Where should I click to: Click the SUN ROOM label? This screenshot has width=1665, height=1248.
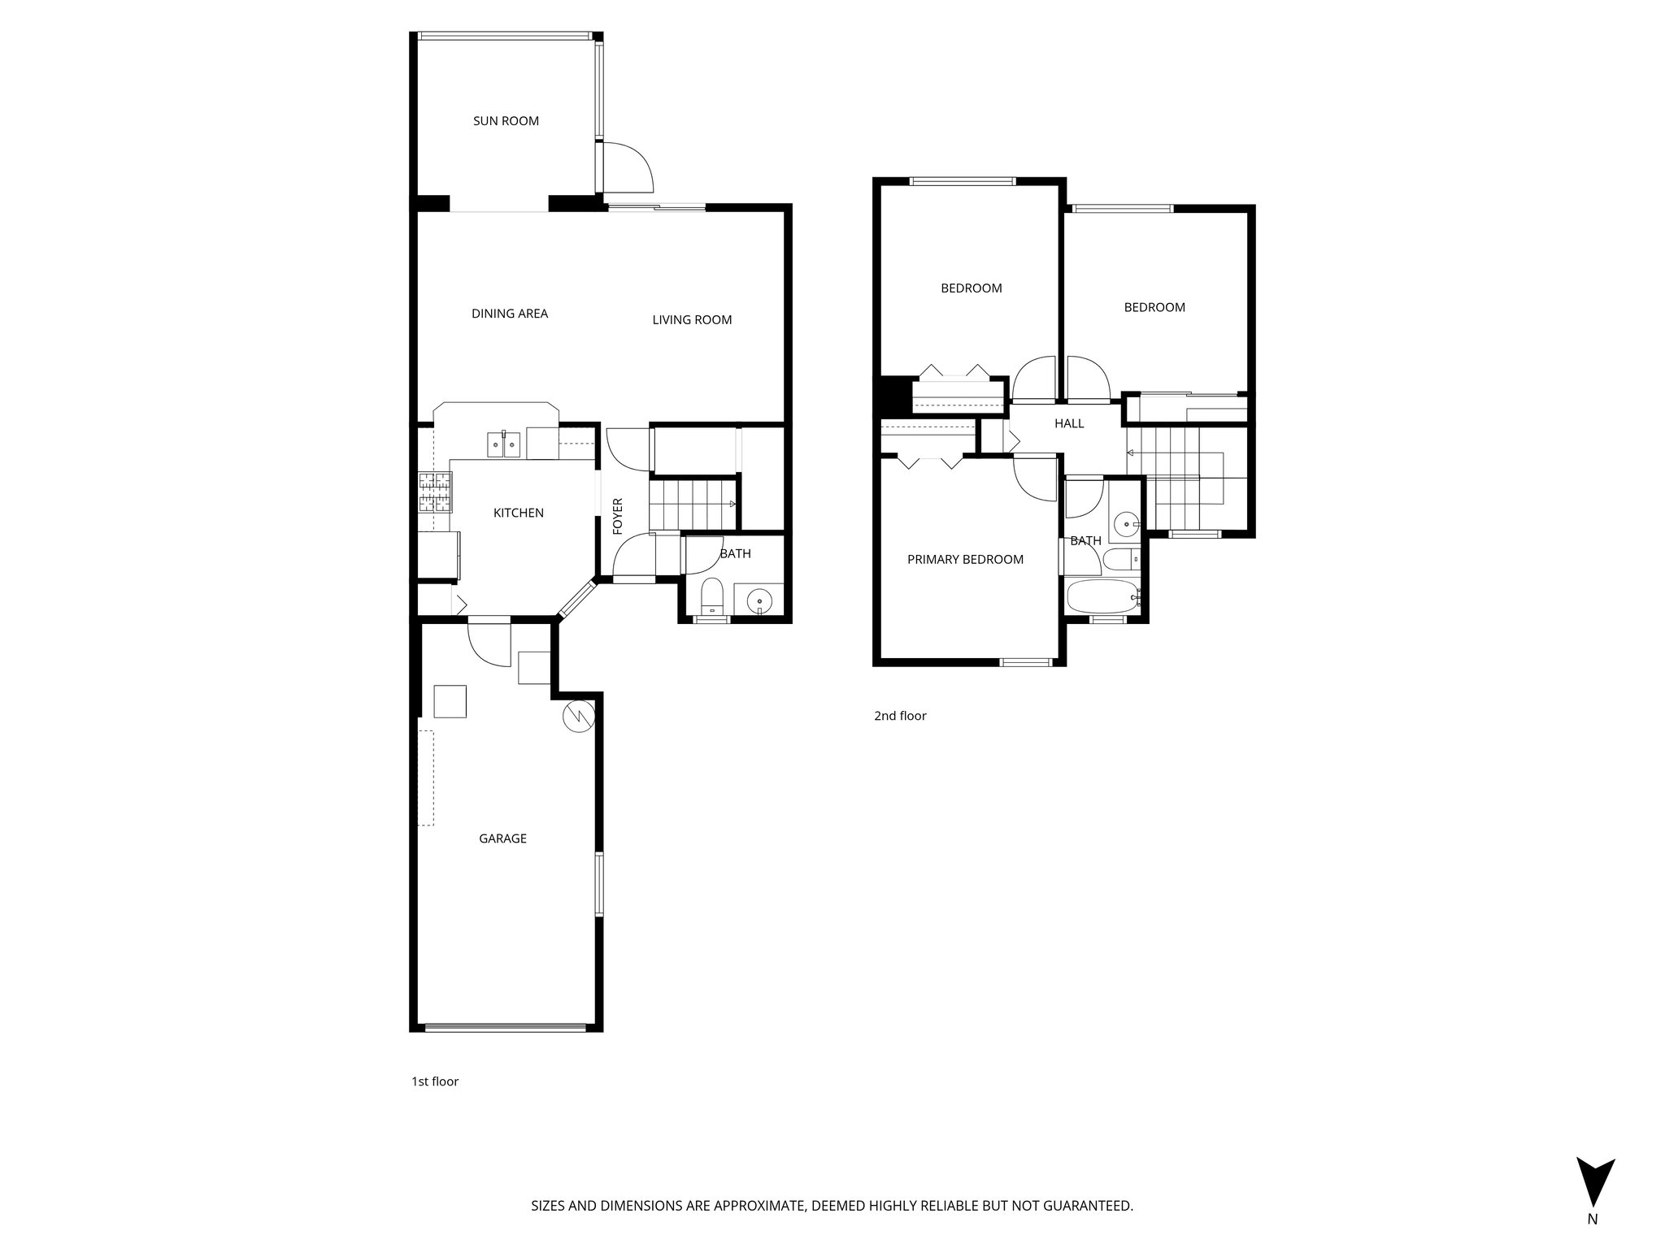coord(506,121)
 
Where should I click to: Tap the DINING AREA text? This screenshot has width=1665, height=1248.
coord(510,314)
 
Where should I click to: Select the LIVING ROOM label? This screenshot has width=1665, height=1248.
coord(692,320)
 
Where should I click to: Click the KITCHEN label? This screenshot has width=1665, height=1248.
coord(519,513)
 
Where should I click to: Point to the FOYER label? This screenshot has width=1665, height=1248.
coord(617,516)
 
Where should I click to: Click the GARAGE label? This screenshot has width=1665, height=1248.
coord(502,838)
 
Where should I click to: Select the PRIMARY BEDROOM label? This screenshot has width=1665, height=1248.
coord(965,559)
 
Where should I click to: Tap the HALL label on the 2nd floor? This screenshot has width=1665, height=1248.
coord(1069,423)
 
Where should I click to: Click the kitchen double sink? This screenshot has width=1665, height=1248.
coord(503,444)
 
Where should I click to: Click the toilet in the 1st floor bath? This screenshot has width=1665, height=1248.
coord(712,597)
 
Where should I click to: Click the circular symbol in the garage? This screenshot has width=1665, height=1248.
coord(579,715)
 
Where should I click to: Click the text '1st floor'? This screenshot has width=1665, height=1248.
coord(435,1081)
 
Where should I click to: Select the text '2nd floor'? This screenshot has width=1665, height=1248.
coord(900,716)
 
